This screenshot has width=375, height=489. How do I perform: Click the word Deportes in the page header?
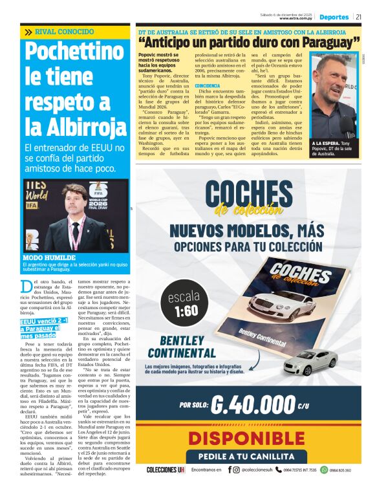pos(334,17)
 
